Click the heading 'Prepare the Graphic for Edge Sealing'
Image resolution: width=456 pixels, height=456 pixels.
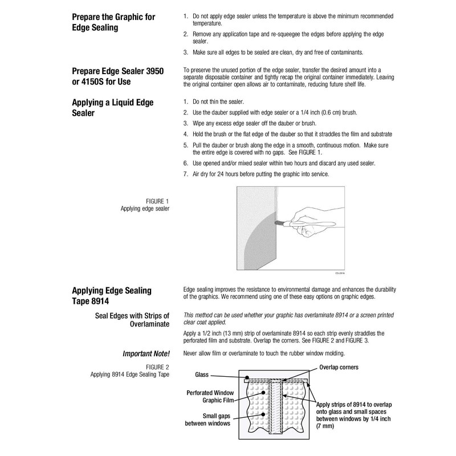113,22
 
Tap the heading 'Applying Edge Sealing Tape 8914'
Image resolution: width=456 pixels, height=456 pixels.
112,295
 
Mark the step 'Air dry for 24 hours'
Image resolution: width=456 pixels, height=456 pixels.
260,174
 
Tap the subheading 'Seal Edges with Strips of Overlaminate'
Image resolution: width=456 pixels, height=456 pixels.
133,320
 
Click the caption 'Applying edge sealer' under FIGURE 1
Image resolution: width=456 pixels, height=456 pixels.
145,208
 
